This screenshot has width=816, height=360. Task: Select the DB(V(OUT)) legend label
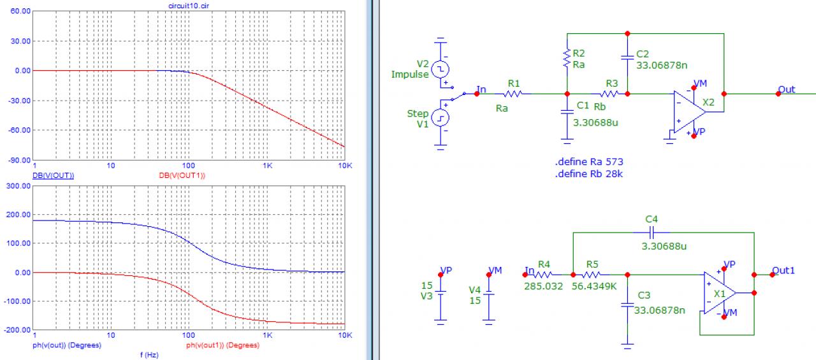coord(53,175)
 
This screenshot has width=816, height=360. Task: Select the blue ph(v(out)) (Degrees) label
coord(67,345)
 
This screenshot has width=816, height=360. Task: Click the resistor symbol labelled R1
coord(514,94)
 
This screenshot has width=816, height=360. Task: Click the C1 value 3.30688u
coord(596,122)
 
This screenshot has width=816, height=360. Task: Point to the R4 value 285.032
coord(543,286)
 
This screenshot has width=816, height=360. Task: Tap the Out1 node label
coord(783,270)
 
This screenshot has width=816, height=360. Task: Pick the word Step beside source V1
coord(418,113)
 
